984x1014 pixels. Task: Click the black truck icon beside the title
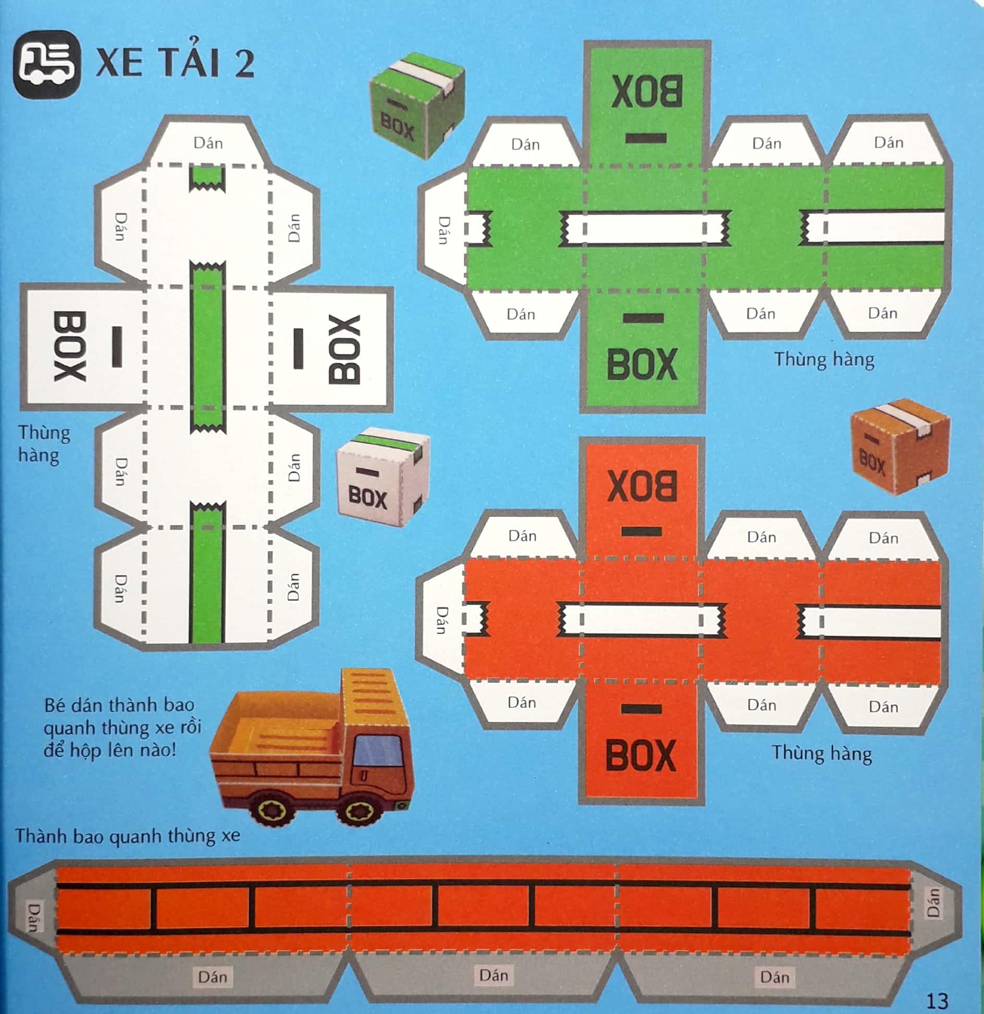[47, 64]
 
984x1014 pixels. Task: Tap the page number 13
[937, 1000]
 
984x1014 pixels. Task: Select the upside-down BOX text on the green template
[646, 91]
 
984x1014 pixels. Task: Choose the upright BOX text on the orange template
[641, 755]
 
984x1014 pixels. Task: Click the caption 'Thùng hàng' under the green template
[823, 360]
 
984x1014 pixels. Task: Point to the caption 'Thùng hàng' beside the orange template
[822, 753]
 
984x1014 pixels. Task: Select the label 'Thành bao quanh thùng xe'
[128, 836]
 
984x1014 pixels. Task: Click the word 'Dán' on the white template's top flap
[208, 142]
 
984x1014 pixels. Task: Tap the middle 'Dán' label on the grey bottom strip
[494, 974]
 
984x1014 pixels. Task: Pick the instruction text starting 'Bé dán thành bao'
[122, 727]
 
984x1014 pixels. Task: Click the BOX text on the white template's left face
[69, 346]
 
